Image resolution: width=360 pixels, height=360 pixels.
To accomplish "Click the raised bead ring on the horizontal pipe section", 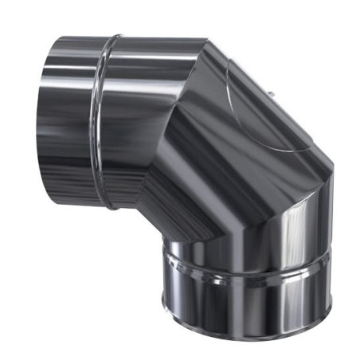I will [102, 119].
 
